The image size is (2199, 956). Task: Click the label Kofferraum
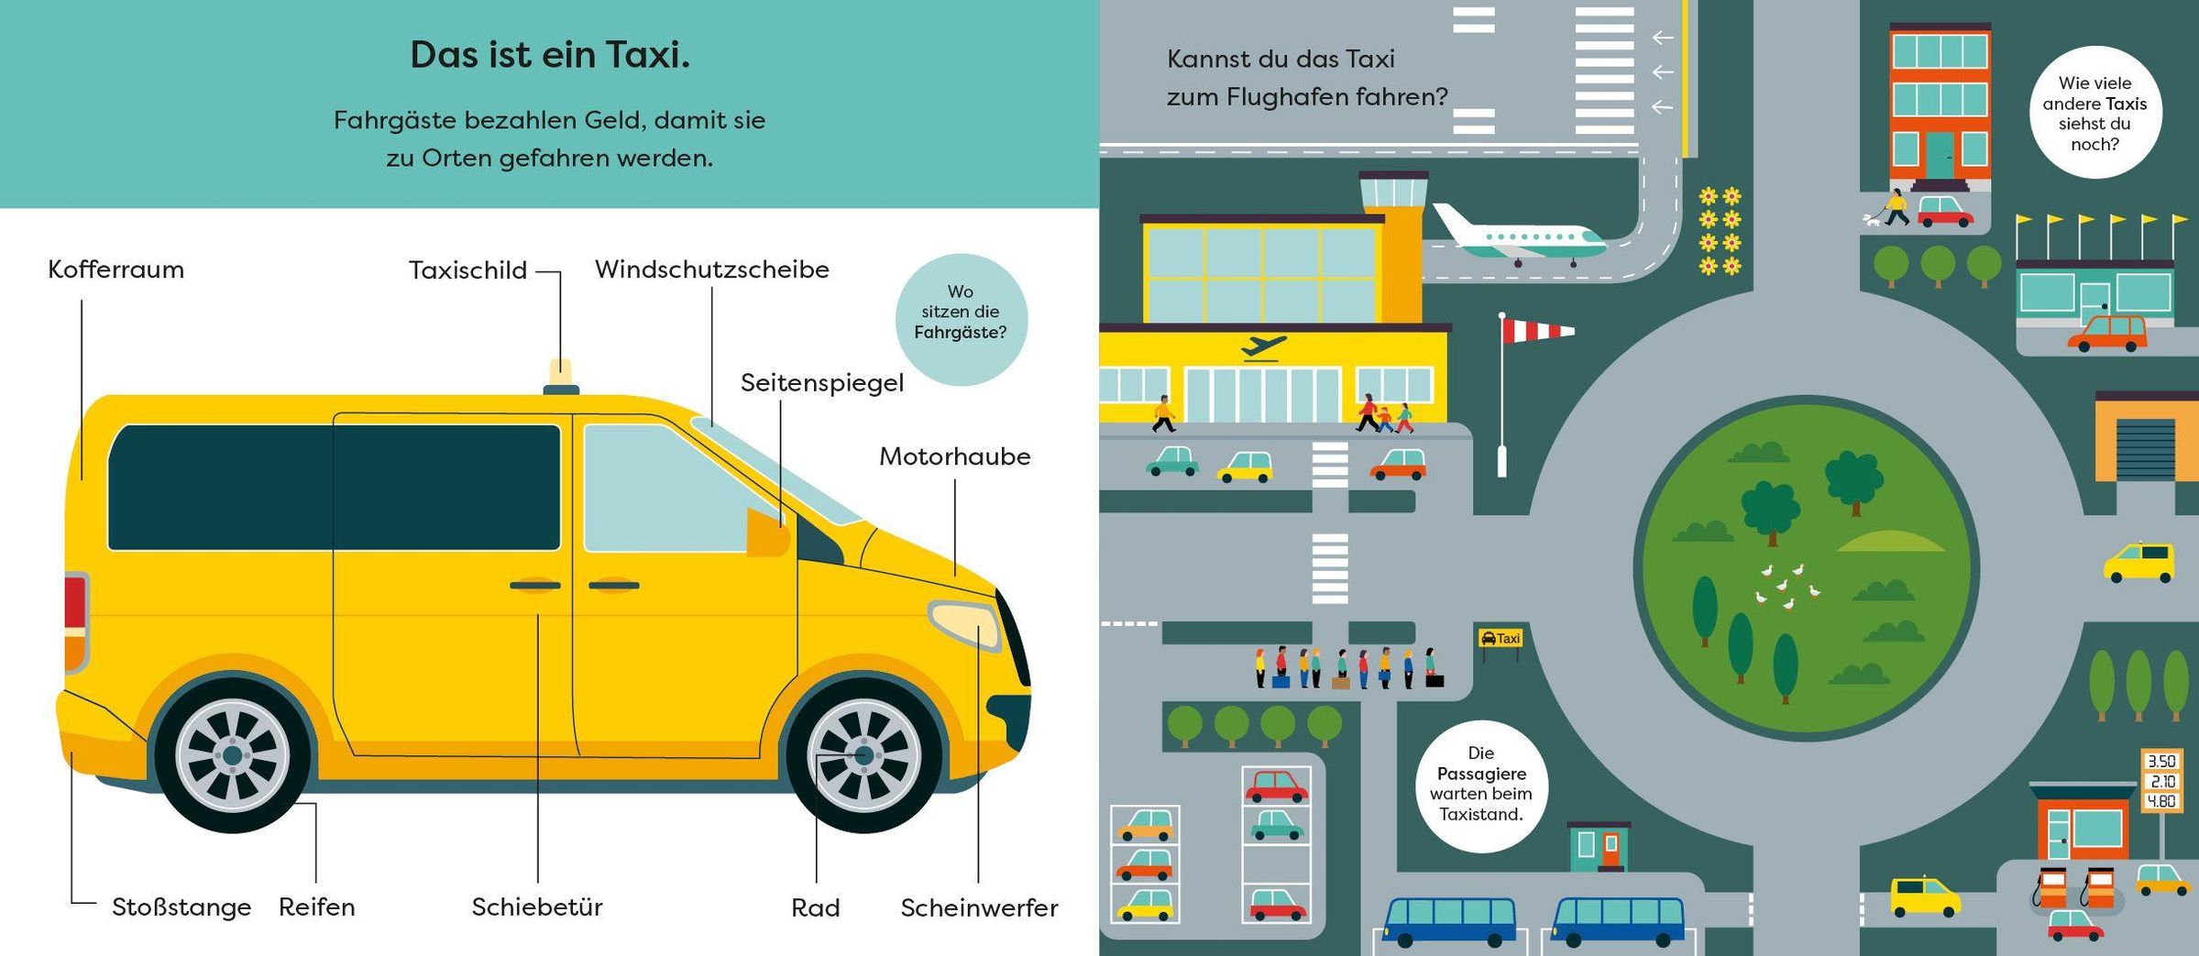click(115, 269)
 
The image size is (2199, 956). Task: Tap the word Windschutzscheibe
click(712, 269)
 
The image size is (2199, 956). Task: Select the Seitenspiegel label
click(822, 383)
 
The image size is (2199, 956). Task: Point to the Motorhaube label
click(955, 456)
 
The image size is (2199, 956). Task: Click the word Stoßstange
click(181, 907)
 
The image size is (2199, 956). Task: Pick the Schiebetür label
click(537, 907)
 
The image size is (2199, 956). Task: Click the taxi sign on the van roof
click(561, 377)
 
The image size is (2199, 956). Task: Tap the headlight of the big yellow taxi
click(964, 624)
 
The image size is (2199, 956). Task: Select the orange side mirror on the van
click(768, 533)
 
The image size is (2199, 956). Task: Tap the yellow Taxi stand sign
click(1501, 638)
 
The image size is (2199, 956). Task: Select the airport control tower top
click(1393, 190)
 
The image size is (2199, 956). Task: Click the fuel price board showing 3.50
click(2161, 781)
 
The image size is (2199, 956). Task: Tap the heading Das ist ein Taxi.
click(550, 55)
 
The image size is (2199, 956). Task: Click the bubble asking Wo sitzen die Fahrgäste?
click(961, 320)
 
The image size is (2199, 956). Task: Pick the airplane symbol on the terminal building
click(1264, 348)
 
